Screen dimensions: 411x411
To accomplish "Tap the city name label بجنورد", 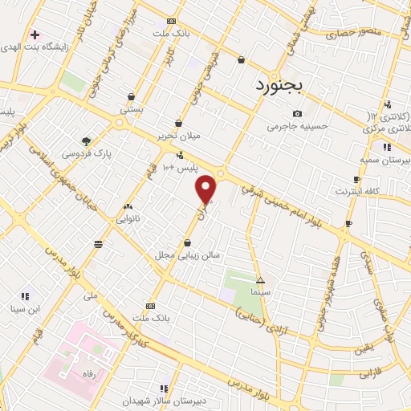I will [276, 84].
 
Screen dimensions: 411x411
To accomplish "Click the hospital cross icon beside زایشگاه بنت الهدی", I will [34, 35].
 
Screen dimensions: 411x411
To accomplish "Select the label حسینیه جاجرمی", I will [298, 126].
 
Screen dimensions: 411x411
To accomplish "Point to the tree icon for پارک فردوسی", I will [87, 140].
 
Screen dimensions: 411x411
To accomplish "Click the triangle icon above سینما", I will [260, 280].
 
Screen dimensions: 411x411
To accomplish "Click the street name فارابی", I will [369, 372].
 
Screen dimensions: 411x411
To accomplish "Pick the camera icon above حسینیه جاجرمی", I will [298, 114].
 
